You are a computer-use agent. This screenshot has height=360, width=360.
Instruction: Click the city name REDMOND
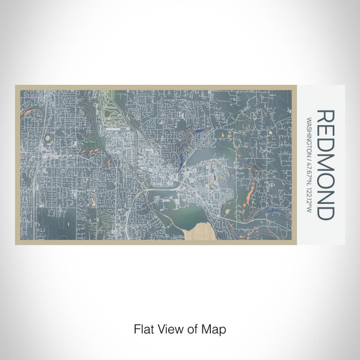pyautogui.click(x=326, y=165)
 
